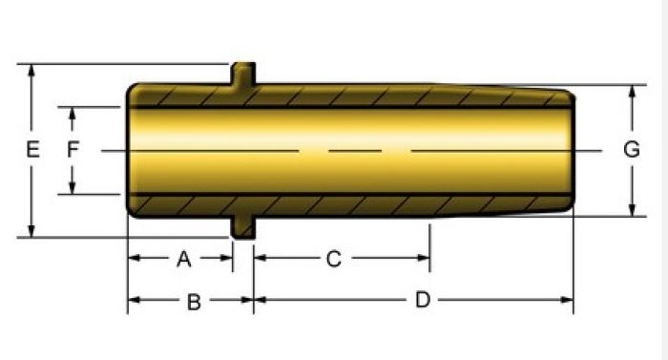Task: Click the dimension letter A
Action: click(183, 259)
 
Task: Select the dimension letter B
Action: click(194, 302)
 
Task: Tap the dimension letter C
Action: click(334, 259)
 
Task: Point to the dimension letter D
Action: click(423, 300)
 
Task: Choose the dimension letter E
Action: click(32, 150)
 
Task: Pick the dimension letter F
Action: click(73, 150)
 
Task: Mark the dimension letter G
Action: click(632, 150)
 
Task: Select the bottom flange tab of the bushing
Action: click(243, 227)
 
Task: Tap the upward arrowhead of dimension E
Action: click(31, 71)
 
